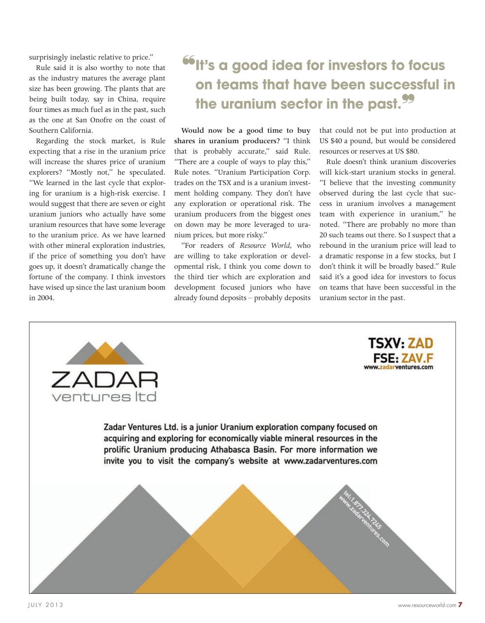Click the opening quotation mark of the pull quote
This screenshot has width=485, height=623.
click(188, 61)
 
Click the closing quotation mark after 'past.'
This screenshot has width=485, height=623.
click(408, 100)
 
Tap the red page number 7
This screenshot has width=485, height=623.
click(460, 605)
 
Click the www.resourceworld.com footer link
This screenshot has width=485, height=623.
click(427, 605)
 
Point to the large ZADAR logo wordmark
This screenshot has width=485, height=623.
click(105, 380)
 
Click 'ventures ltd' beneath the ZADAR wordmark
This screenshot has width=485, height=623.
click(105, 397)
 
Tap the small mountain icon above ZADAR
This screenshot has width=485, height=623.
click(105, 353)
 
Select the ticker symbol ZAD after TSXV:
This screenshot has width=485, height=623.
click(420, 344)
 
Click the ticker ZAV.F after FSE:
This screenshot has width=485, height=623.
click(417, 358)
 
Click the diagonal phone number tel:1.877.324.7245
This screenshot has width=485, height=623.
click(362, 510)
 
